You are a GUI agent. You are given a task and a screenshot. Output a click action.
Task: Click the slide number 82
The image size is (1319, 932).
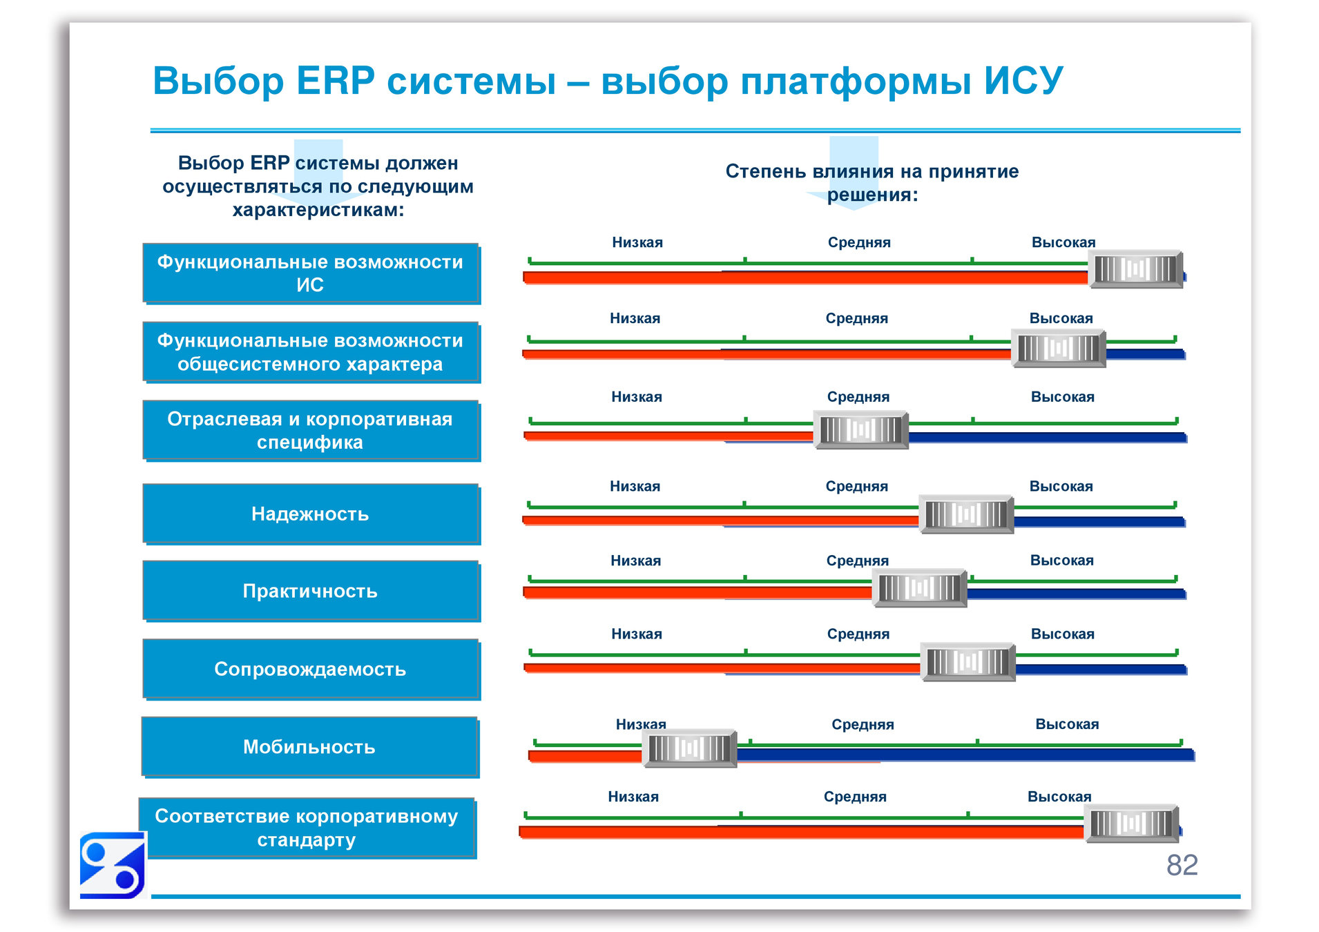click(1182, 865)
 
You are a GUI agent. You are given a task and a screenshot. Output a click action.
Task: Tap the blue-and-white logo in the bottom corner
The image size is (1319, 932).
click(112, 866)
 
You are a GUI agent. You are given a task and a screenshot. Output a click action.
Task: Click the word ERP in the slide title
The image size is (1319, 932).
click(336, 81)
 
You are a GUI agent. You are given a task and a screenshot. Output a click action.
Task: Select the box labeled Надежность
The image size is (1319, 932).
click(311, 514)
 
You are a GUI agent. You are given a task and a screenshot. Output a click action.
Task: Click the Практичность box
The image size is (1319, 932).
click(311, 591)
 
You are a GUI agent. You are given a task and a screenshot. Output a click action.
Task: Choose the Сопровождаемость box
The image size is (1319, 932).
click(311, 669)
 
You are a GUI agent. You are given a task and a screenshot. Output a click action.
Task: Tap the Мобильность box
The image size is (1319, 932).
click(310, 747)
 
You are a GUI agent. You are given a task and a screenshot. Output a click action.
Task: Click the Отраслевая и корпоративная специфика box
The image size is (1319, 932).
click(311, 430)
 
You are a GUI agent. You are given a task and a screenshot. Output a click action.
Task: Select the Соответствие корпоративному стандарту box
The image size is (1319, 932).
click(307, 828)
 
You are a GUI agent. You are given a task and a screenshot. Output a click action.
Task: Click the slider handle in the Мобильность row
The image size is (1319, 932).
click(689, 748)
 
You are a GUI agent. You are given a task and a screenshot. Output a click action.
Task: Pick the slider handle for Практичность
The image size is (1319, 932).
click(919, 588)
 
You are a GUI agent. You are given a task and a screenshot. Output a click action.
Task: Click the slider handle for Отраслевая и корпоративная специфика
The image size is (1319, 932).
click(861, 430)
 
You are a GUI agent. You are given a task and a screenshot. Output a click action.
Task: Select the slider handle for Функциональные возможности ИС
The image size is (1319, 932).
click(1135, 269)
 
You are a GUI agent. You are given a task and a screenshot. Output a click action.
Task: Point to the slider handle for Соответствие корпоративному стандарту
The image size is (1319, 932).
click(1131, 823)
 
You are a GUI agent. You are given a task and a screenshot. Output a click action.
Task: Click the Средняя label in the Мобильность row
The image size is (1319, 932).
click(863, 724)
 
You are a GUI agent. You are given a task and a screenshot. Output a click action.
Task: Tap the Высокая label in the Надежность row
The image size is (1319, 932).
click(1061, 486)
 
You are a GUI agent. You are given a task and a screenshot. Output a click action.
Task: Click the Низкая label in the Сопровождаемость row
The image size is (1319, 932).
click(636, 634)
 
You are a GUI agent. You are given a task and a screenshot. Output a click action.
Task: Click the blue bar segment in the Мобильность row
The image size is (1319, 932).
click(967, 755)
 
